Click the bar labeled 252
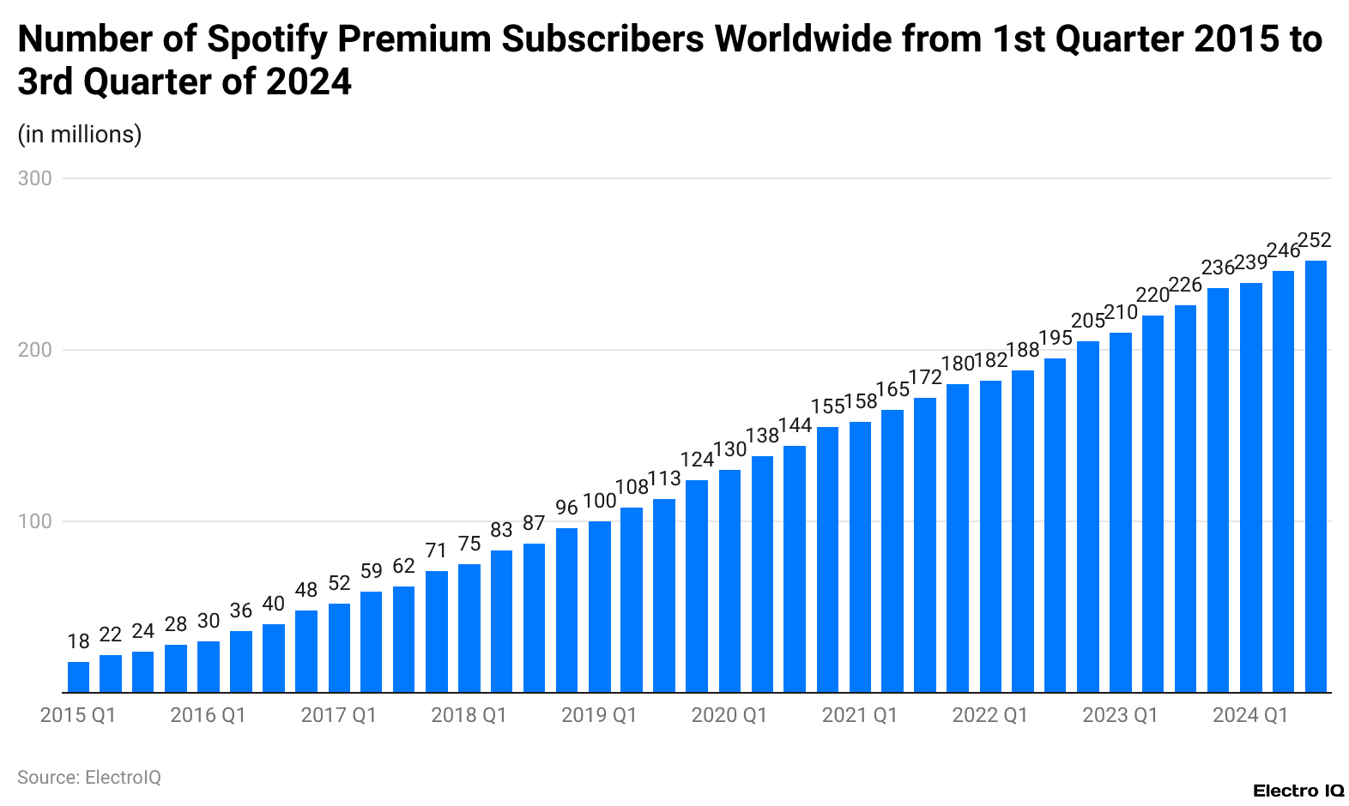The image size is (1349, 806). point(1316,476)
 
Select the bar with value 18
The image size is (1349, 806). point(78,677)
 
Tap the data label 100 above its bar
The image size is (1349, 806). point(599,501)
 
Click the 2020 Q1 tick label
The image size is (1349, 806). point(729,715)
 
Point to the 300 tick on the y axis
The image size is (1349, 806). point(35,178)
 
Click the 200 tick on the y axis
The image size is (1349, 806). point(35,350)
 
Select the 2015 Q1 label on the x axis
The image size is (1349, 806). point(78,715)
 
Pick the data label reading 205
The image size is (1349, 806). point(1088,321)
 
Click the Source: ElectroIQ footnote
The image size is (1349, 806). point(89,778)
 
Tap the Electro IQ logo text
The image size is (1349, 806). point(1298,791)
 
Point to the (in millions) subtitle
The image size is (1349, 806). point(80,135)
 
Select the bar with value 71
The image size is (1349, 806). point(436,631)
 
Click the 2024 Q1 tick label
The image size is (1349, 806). point(1249,715)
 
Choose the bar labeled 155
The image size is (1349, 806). point(827,559)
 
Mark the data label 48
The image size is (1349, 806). point(306,590)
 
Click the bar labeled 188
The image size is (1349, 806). point(1023,531)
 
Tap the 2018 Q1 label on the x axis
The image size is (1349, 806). point(469,715)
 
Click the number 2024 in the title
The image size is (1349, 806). point(308,82)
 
